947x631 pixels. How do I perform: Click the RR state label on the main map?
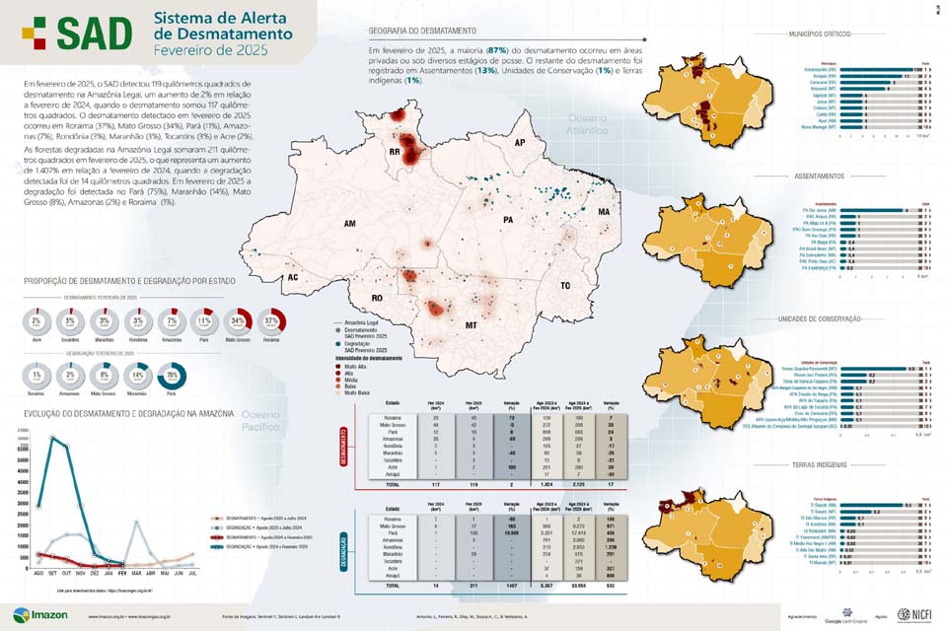click(x=393, y=153)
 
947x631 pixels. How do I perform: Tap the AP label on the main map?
click(x=518, y=144)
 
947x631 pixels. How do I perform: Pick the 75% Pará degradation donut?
click(x=173, y=378)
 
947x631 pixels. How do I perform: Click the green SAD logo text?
click(x=94, y=35)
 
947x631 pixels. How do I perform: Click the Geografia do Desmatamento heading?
click(x=421, y=32)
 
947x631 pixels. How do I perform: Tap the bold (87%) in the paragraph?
click(x=496, y=49)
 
